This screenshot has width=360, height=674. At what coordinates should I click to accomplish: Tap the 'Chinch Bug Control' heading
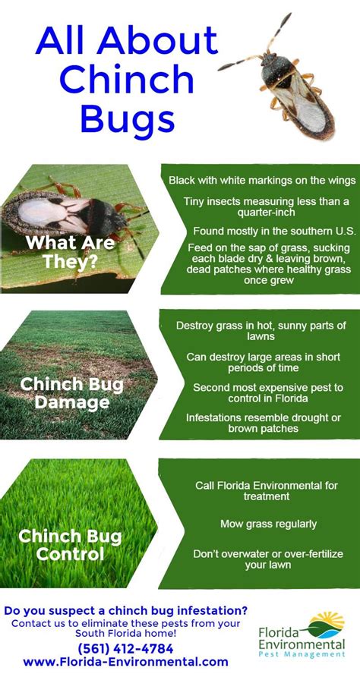[x=71, y=545]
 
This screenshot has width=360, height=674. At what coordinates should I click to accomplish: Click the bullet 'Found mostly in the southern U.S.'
[x=262, y=230]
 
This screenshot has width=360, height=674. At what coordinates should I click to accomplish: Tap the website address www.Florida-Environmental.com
[x=125, y=662]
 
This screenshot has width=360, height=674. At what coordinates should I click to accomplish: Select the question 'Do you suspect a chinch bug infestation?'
[x=125, y=609]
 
